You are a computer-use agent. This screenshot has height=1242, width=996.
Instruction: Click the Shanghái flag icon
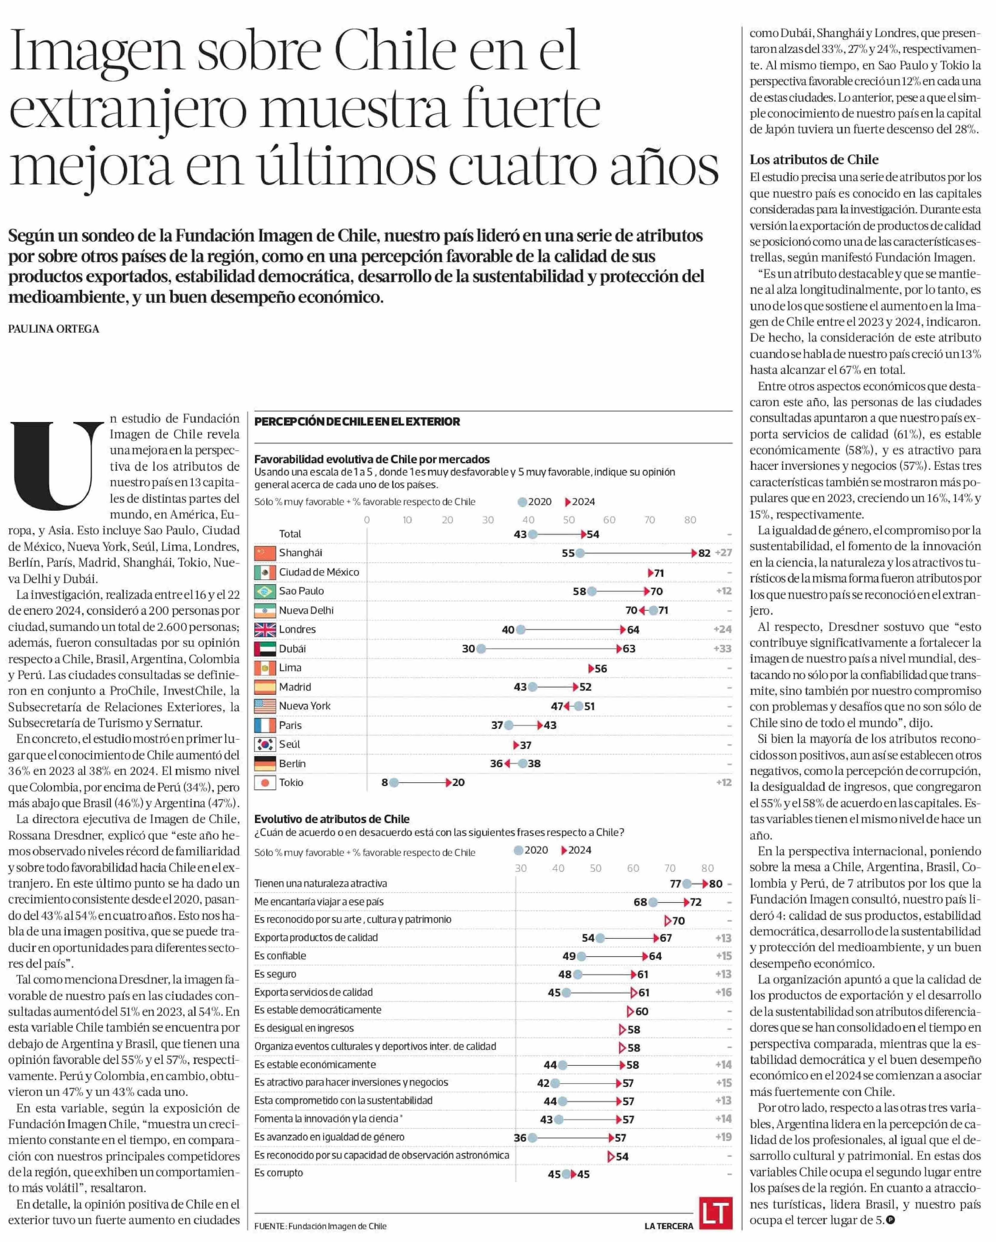[265, 553]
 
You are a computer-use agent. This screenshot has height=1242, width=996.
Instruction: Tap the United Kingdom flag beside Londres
[265, 630]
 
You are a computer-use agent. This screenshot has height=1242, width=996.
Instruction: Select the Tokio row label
[291, 782]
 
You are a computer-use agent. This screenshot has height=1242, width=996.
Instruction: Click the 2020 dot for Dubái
[482, 649]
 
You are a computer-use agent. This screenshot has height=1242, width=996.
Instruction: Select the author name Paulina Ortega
[54, 329]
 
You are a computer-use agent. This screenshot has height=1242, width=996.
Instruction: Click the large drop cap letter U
[56, 466]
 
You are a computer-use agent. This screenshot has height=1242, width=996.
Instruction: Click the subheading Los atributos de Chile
[813, 160]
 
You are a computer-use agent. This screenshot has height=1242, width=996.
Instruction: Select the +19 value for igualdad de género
[723, 1137]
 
